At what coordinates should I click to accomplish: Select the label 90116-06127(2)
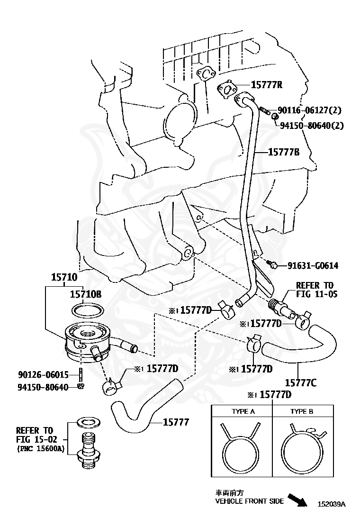coord(309,110)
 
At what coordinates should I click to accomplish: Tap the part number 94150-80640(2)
coord(312,126)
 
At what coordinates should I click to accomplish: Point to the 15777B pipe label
coord(284,152)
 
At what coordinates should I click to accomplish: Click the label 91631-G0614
coord(313,265)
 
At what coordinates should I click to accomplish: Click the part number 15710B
coord(86,294)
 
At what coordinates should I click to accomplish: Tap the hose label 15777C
coord(300,382)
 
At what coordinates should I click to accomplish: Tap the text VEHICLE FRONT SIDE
coord(250,501)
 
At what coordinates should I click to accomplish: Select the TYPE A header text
coord(243,411)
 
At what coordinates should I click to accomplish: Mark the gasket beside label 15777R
coord(229,89)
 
